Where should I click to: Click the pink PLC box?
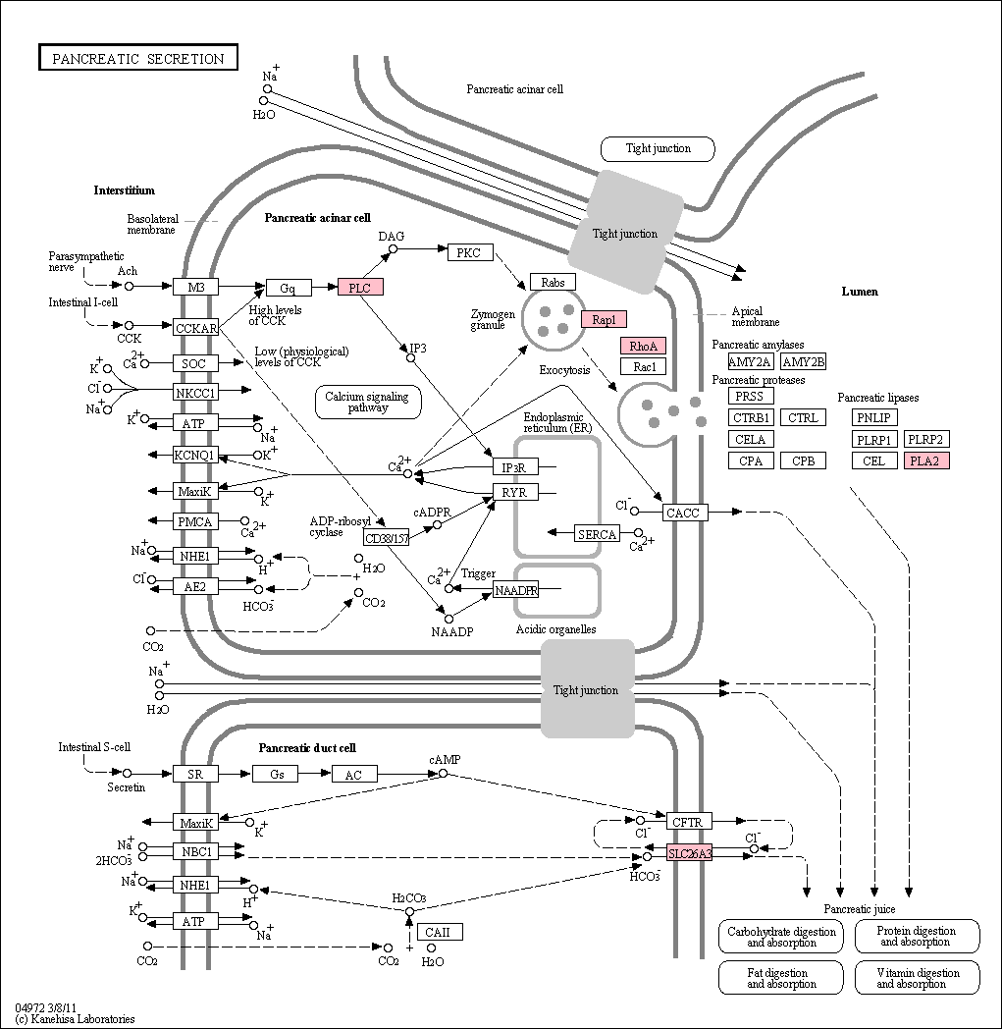pos(360,287)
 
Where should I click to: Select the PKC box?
pos(469,252)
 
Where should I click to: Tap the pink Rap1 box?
pos(604,319)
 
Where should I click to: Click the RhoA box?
pos(643,346)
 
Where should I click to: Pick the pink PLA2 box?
pos(925,460)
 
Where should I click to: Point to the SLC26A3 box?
pos(689,853)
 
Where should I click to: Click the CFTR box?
pos(689,822)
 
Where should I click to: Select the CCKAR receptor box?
pos(196,328)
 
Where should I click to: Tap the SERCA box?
pos(597,534)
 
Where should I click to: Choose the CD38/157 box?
pos(387,538)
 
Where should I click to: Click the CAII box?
pos(438,932)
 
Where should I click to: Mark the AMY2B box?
pos(804,361)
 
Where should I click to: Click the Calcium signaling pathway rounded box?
pos(368,402)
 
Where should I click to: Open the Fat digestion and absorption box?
pos(781,978)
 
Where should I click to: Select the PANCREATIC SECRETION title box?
pos(137,58)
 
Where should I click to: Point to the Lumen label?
pos(859,292)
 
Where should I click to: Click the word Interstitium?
pos(124,190)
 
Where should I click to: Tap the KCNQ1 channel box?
pos(196,455)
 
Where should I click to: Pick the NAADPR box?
pos(516,591)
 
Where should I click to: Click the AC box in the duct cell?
pos(353,775)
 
